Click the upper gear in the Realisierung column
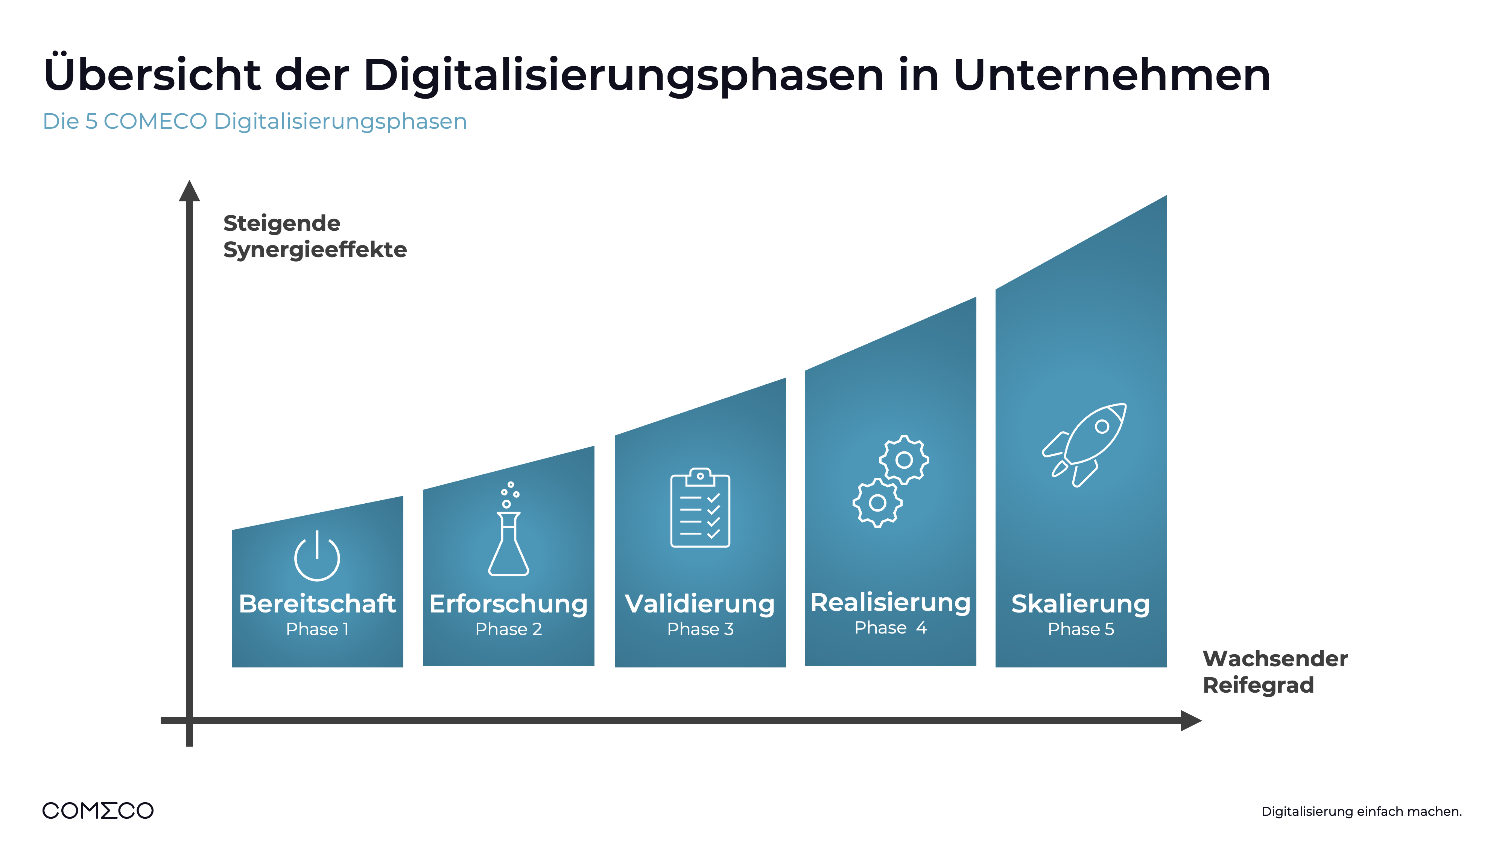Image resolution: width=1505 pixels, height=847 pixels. point(904,460)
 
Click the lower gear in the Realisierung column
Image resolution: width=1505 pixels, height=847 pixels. point(877,503)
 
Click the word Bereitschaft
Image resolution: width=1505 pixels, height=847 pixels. point(317,604)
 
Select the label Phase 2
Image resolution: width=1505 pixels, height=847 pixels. point(508,629)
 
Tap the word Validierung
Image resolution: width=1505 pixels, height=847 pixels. point(699,604)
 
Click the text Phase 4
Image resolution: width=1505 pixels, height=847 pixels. point(890,628)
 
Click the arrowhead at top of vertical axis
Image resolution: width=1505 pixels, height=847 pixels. point(189,191)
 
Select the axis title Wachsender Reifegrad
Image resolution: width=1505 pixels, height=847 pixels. point(1274,672)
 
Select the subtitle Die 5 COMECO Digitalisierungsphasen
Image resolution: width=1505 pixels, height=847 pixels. point(255,122)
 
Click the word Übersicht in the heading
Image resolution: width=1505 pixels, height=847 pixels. point(152,75)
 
